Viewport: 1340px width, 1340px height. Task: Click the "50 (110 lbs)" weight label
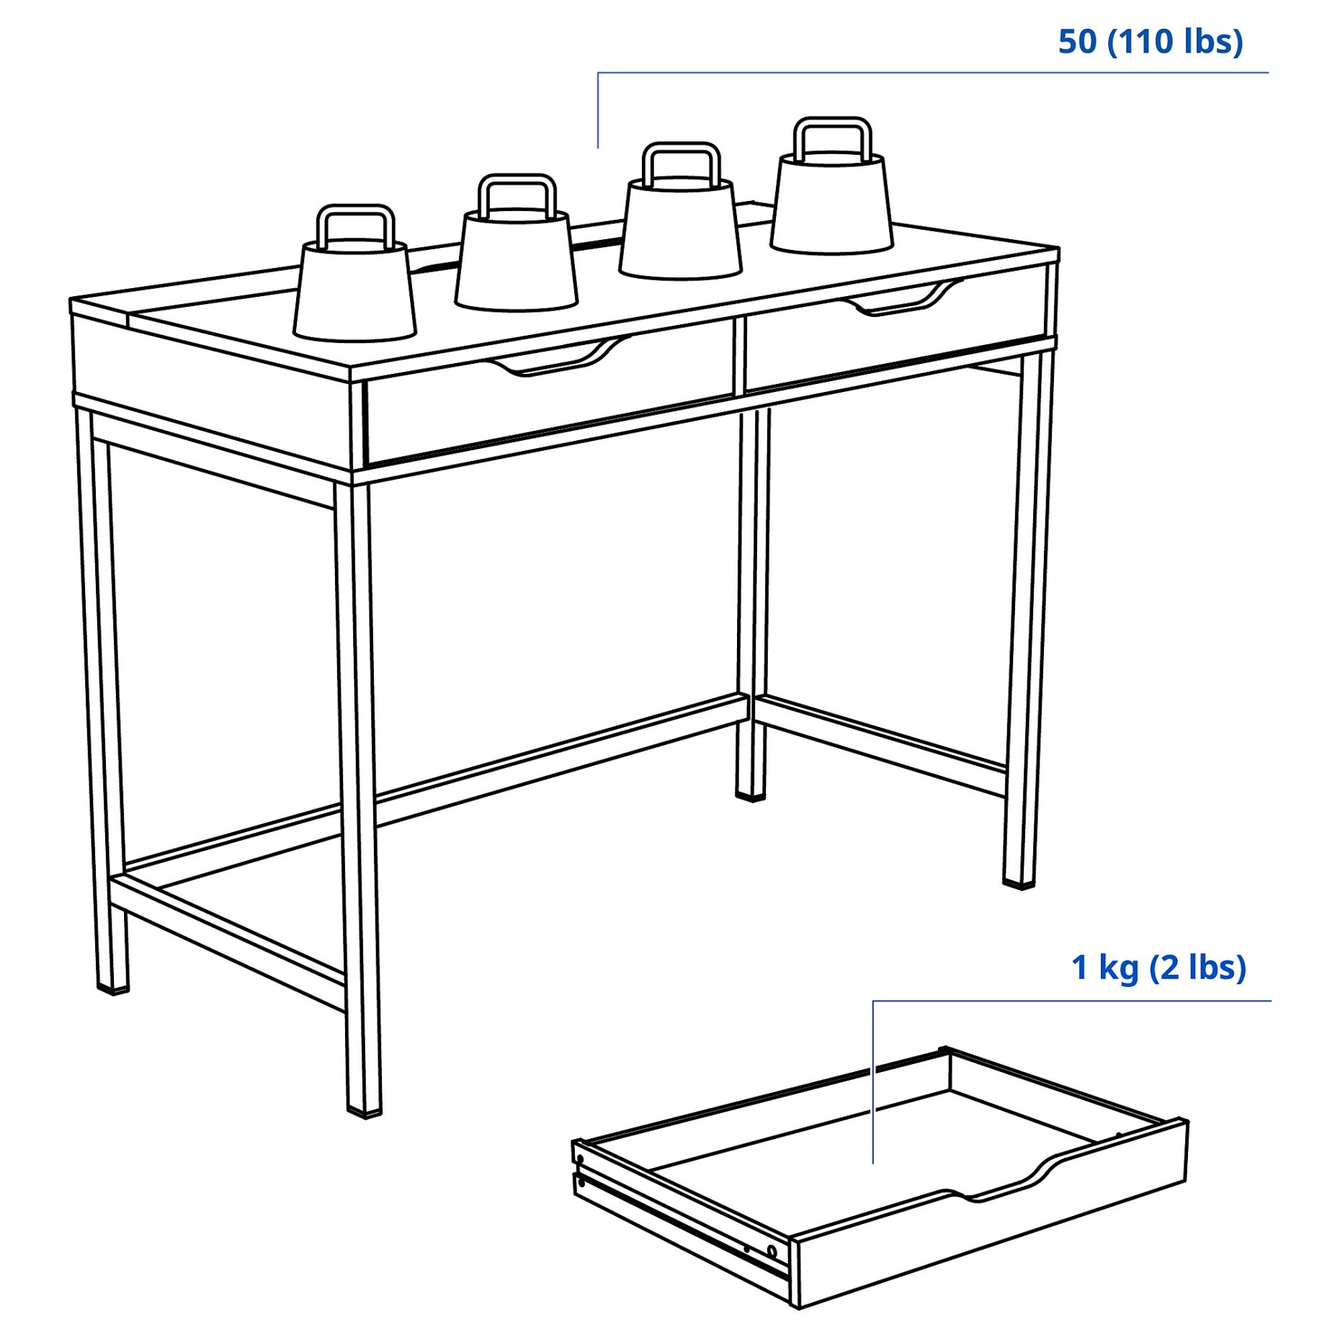tap(1150, 42)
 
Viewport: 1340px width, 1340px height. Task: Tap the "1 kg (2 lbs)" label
tap(1158, 968)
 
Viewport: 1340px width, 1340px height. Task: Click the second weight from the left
tap(517, 256)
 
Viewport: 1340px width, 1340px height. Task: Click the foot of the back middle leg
tap(750, 795)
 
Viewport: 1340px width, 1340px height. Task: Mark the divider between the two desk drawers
tap(740, 357)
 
